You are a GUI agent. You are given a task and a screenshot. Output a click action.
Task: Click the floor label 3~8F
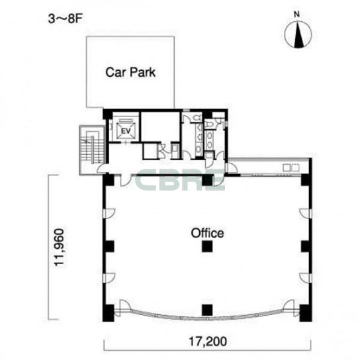click(65, 19)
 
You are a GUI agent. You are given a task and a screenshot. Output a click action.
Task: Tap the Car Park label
click(130, 72)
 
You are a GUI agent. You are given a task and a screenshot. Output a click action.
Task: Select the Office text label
click(207, 233)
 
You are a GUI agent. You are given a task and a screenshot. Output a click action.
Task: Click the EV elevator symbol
click(126, 131)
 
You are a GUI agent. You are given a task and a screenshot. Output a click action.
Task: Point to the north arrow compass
click(298, 34)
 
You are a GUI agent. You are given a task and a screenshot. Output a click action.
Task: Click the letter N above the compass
click(297, 15)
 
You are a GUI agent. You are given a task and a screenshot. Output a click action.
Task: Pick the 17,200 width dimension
click(208, 341)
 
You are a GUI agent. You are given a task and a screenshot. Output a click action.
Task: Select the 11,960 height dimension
click(58, 247)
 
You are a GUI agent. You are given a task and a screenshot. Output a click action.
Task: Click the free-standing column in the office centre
click(207, 246)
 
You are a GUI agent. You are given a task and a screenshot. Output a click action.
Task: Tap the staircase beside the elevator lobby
click(92, 150)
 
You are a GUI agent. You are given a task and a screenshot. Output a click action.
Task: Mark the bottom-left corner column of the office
click(108, 313)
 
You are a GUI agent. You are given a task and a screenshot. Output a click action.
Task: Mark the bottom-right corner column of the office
click(306, 313)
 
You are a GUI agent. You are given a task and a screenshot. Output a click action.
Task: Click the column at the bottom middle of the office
click(207, 310)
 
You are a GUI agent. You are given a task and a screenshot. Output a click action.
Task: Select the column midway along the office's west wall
click(109, 246)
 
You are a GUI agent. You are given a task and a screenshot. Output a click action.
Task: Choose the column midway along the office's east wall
click(306, 246)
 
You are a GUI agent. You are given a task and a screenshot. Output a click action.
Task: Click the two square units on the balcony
click(291, 168)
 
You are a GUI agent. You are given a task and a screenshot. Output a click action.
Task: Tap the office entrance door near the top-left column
click(126, 181)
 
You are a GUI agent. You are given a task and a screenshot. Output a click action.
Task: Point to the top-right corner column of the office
click(306, 180)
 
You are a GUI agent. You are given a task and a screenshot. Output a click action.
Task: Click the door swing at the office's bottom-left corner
click(125, 305)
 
